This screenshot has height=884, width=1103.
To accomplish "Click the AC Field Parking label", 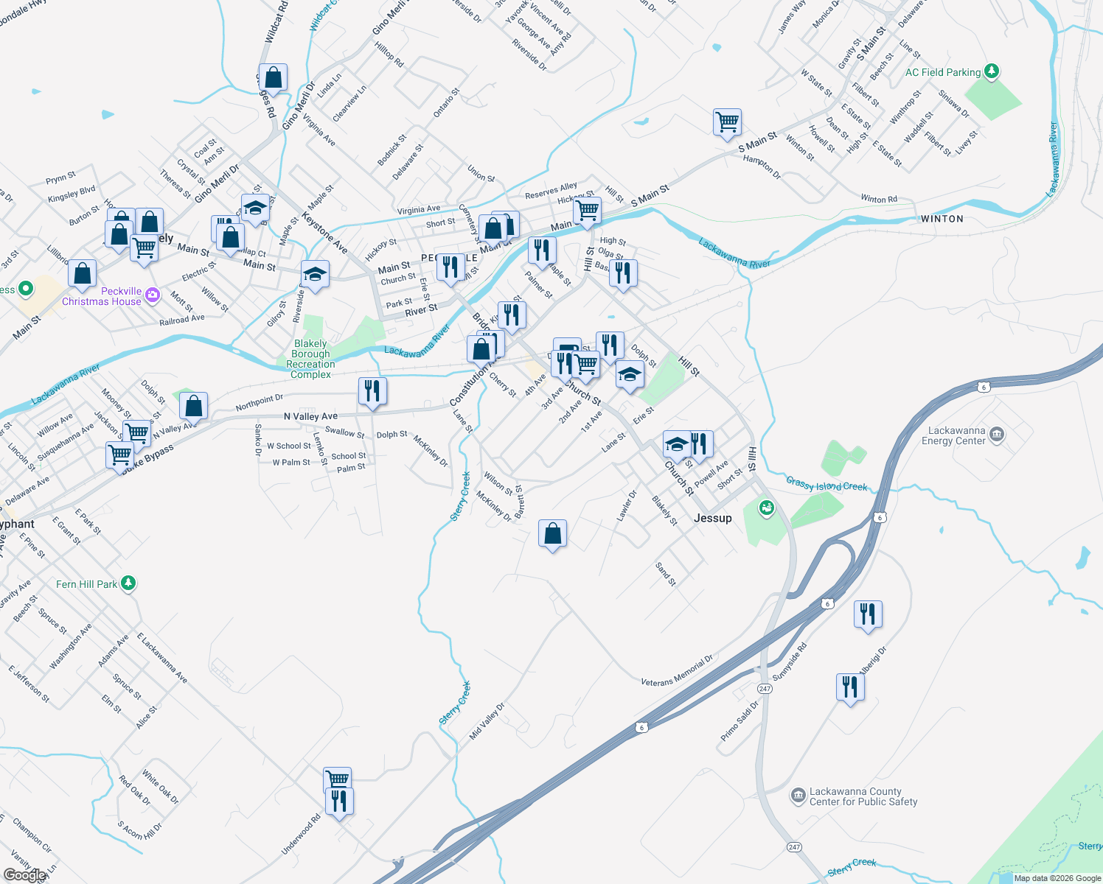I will pos(942,72).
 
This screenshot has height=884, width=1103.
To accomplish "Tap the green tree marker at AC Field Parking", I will pos(992,71).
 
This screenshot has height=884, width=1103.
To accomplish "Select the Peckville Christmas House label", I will pos(102,296).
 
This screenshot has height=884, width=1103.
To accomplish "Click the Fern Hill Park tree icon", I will pos(128,583).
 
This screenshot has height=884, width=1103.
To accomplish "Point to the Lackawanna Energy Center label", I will pos(956,435).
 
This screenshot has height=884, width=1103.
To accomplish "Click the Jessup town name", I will pos(712,518).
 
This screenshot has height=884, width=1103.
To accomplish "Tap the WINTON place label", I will pos(942,219).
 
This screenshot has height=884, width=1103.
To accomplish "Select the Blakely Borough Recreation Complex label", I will pos(310,359).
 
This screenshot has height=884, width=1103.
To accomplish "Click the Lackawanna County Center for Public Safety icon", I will pos(798,796).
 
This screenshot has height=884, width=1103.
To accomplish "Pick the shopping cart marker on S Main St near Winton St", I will pos(727,122).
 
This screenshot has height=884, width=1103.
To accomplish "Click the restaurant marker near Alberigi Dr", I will pos(850,687).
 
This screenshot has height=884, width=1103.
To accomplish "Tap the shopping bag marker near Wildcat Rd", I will pos(273,77).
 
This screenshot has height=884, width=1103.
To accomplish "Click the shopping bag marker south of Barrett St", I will pos(552,533).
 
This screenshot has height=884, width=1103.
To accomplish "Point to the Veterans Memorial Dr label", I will pos(677,671).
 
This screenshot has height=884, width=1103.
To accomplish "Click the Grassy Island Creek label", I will pos(827,485).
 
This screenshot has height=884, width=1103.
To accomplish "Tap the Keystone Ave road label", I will pos(324,232).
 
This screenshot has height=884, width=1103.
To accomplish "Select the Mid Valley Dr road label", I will pos(487,722).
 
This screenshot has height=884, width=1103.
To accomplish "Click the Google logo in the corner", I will pos(24,875).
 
